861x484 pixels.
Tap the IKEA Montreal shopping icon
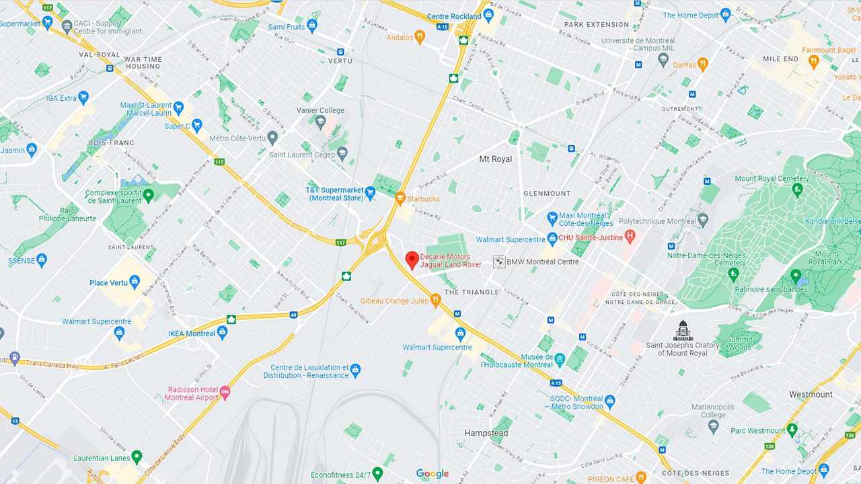coord(223,333)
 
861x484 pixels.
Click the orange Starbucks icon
coord(400,198)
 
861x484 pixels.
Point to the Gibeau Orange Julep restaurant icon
coord(435,300)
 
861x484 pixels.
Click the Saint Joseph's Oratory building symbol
coord(682,331)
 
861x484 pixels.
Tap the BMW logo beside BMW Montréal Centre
coord(499,261)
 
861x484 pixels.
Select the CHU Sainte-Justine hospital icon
coord(630,236)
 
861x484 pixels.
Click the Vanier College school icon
coord(321,122)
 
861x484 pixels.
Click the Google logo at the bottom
coord(432,474)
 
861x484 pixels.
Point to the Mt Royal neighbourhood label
coord(495,159)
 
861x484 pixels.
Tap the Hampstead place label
coord(486,433)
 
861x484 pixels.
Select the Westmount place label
coord(811,395)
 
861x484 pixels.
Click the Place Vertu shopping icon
coord(135,282)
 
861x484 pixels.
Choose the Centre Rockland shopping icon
coord(488,15)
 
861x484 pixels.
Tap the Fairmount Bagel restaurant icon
coord(813,62)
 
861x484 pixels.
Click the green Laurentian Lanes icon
coord(137,457)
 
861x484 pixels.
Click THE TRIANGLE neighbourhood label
coord(472,292)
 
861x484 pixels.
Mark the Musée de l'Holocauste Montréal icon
coord(560,360)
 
